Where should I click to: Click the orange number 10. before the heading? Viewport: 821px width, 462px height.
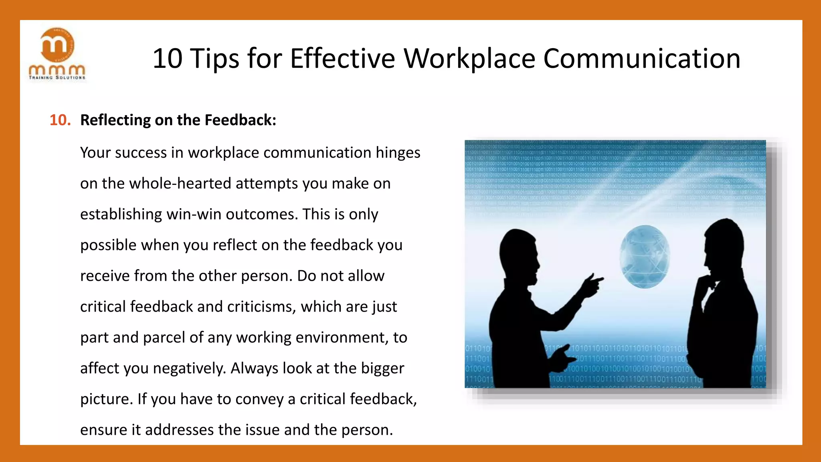[x=60, y=120]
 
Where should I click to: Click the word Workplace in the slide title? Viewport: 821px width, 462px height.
[x=469, y=59]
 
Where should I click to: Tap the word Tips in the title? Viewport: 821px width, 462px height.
[x=214, y=59]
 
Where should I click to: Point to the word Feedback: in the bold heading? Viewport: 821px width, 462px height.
[x=240, y=120]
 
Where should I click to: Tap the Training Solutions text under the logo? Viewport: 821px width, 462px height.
[x=57, y=78]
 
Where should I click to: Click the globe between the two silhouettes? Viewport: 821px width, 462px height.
[x=644, y=257]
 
